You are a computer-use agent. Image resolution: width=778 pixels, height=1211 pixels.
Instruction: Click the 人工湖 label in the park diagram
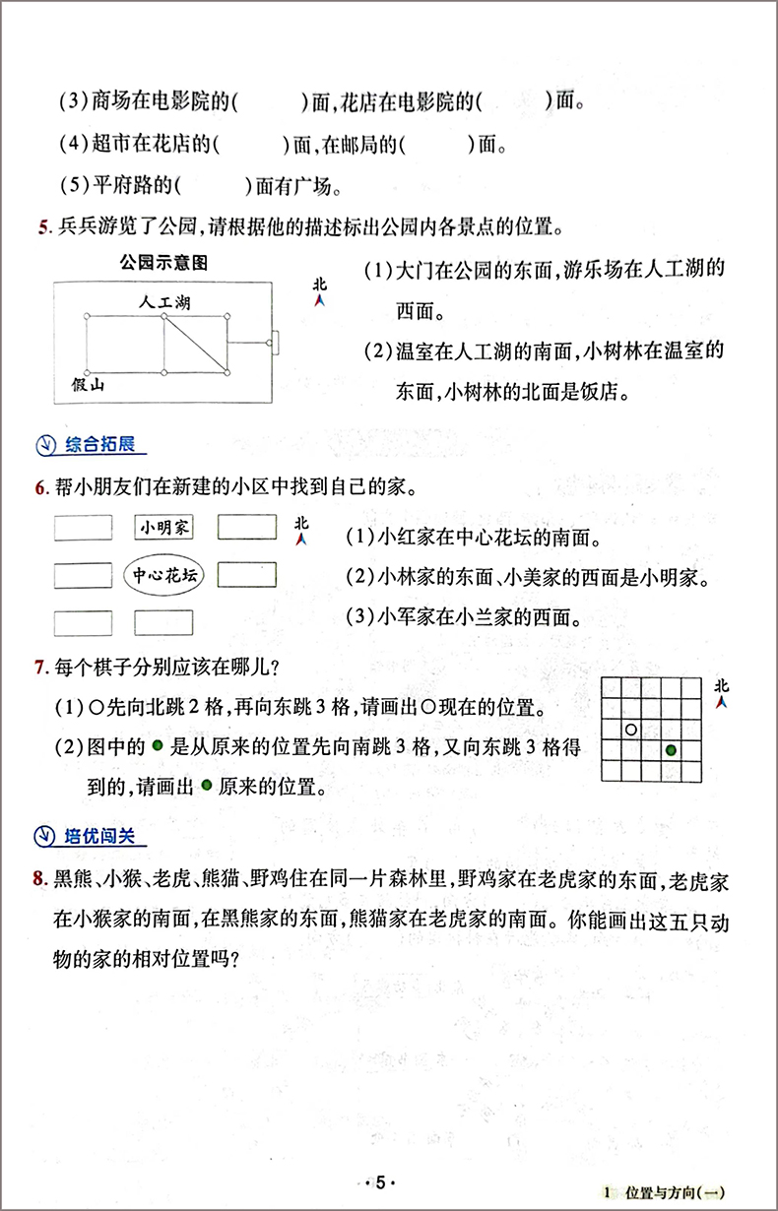164,302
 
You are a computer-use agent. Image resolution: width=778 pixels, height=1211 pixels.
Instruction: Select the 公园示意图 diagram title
162,263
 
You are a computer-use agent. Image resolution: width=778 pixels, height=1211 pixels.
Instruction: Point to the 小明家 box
163,529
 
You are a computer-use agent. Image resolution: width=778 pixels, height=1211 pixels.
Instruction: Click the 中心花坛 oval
163,576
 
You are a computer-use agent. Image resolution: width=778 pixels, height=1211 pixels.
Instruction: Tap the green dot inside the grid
671,750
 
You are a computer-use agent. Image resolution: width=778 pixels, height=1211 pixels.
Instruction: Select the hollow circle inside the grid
631,730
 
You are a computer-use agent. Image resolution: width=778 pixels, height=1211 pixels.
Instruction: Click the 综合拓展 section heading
97,444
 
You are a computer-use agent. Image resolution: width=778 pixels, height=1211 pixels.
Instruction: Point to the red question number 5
42,229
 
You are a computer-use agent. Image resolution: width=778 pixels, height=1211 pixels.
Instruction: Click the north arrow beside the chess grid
721,693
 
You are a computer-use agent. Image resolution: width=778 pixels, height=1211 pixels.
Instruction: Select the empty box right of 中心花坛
246,575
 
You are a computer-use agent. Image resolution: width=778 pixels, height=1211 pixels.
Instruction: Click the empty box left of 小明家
83,528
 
